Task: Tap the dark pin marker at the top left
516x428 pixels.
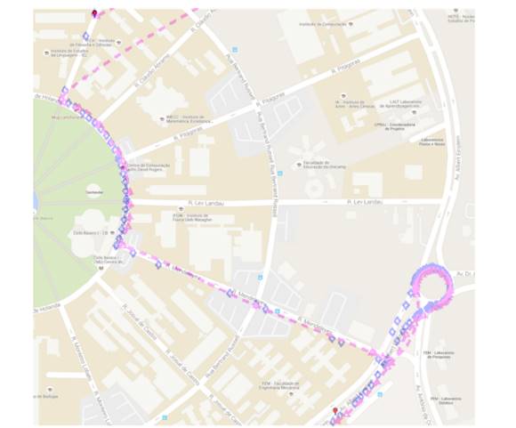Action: pyautogui.click(x=95, y=13)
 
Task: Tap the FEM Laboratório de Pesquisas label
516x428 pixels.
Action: pyautogui.click(x=439, y=354)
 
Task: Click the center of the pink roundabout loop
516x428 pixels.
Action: pyautogui.click(x=431, y=287)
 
